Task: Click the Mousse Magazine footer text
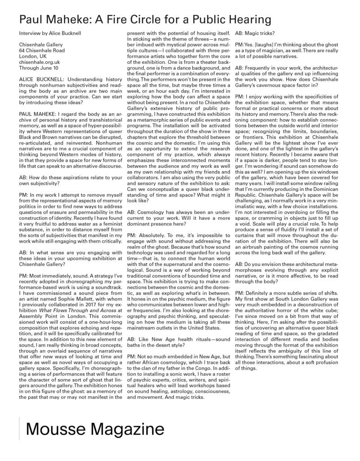[89, 429]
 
